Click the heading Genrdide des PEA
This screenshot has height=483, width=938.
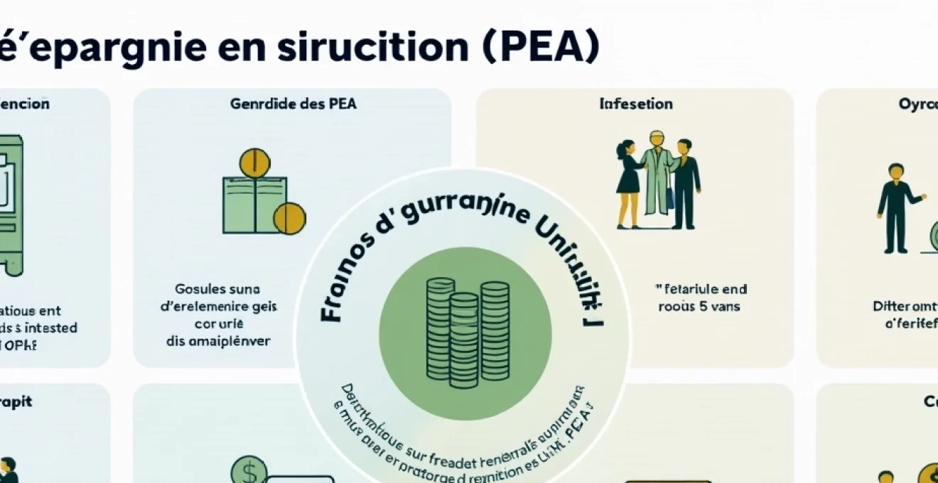pyautogui.click(x=293, y=104)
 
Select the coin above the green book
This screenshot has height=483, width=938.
pyautogui.click(x=255, y=163)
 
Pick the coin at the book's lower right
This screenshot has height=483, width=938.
pyautogui.click(x=289, y=218)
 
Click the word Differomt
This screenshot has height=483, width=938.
pyautogui.click(x=905, y=307)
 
